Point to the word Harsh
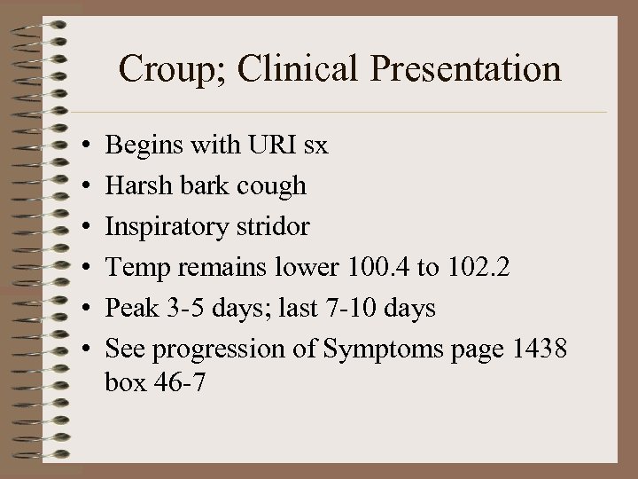point(135,185)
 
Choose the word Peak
point(130,308)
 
